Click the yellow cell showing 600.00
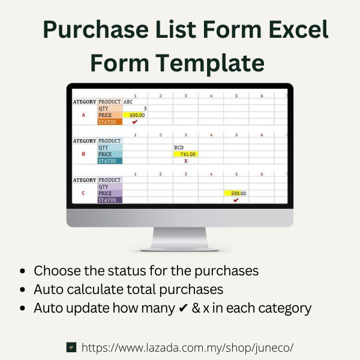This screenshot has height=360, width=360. [135, 115]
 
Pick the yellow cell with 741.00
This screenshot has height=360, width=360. [185, 154]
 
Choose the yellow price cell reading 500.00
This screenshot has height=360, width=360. [236, 193]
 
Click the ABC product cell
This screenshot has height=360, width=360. [128, 102]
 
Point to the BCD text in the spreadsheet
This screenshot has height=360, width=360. [179, 147]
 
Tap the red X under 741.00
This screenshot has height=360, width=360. [185, 161]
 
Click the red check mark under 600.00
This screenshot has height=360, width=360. [135, 122]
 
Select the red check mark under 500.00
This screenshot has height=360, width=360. [236, 200]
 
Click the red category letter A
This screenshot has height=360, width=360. [83, 115]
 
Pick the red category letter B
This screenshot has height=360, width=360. [83, 154]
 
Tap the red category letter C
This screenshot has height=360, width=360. [83, 193]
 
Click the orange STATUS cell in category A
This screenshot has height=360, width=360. [110, 122]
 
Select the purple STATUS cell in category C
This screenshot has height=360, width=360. [110, 200]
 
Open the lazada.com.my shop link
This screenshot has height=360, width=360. [187, 347]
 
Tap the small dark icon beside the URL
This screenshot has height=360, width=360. [71, 347]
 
